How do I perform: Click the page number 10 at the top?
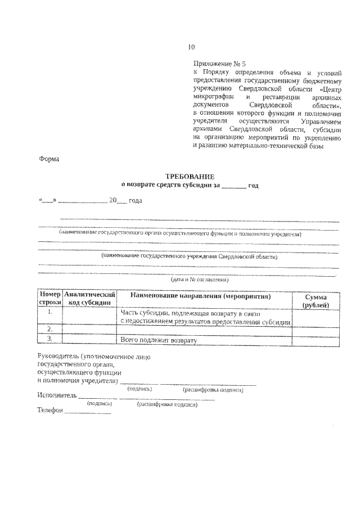(x=191, y=47)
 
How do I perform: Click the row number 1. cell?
(x=50, y=312)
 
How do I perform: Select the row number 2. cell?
(x=50, y=328)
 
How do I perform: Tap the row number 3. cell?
(x=50, y=339)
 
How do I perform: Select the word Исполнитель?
(x=56, y=395)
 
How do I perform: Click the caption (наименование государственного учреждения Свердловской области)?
(x=189, y=256)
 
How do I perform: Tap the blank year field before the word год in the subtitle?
(x=234, y=186)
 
